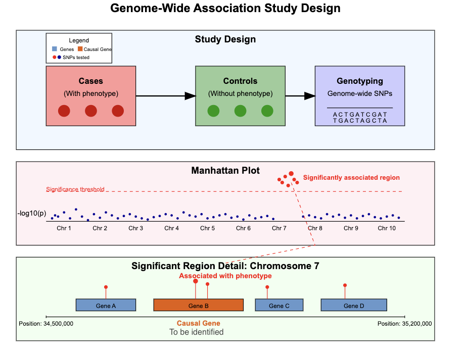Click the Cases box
pyautogui.click(x=90, y=95)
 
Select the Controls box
pyautogui.click(x=240, y=95)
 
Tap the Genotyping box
pyautogui.click(x=360, y=95)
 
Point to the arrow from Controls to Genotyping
pyautogui.click(x=300, y=96)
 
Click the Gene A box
pyautogui.click(x=106, y=305)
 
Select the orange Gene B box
pyautogui.click(x=198, y=305)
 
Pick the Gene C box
pyautogui.click(x=279, y=305)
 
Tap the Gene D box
pyautogui.click(x=354, y=305)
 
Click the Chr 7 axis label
pyautogui.click(x=279, y=228)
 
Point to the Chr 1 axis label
pyautogui.click(x=64, y=228)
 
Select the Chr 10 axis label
pyautogui.click(x=387, y=228)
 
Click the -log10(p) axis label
pyautogui.click(x=31, y=214)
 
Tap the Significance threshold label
pyautogui.click(x=75, y=190)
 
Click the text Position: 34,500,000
pyautogui.click(x=46, y=324)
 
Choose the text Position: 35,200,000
pyautogui.click(x=405, y=324)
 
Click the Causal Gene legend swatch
pyautogui.click(x=80, y=49)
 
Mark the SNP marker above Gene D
pyautogui.click(x=345, y=285)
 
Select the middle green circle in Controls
pyautogui.click(x=240, y=111)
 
